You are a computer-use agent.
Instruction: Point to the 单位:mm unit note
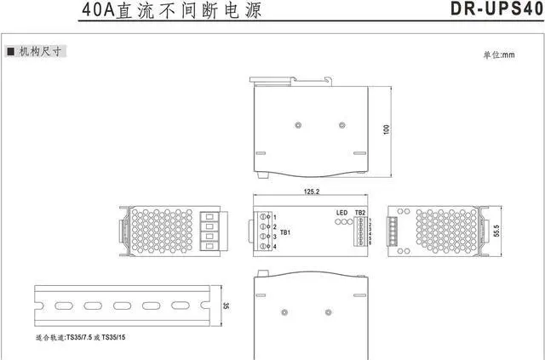pyautogui.click(x=499, y=55)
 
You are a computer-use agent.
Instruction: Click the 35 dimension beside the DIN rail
pyautogui.click(x=226, y=306)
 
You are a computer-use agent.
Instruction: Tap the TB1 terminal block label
pyautogui.click(x=286, y=232)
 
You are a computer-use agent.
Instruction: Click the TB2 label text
pyautogui.click(x=359, y=212)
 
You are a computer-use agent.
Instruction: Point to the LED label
pyautogui.click(x=340, y=212)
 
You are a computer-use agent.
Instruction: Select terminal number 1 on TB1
pyautogui.click(x=274, y=218)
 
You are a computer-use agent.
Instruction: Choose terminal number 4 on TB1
pyautogui.click(x=274, y=247)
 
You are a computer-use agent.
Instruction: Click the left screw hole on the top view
pyautogui.click(x=296, y=126)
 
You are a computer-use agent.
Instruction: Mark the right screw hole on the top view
pyautogui.click(x=341, y=126)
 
